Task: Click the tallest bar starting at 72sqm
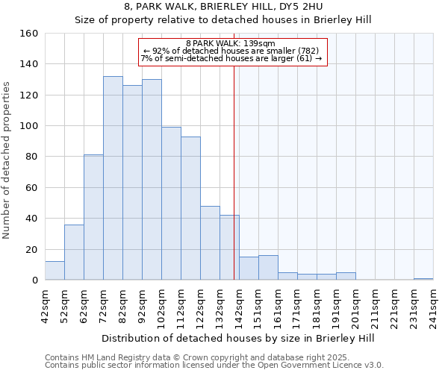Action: (113, 178)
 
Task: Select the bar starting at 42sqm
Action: (55, 271)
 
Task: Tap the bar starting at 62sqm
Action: (93, 217)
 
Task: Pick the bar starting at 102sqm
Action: (171, 204)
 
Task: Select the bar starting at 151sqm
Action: (268, 268)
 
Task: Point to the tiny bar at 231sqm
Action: (423, 279)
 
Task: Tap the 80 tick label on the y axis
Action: (31, 157)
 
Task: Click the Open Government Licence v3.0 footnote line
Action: (214, 366)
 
